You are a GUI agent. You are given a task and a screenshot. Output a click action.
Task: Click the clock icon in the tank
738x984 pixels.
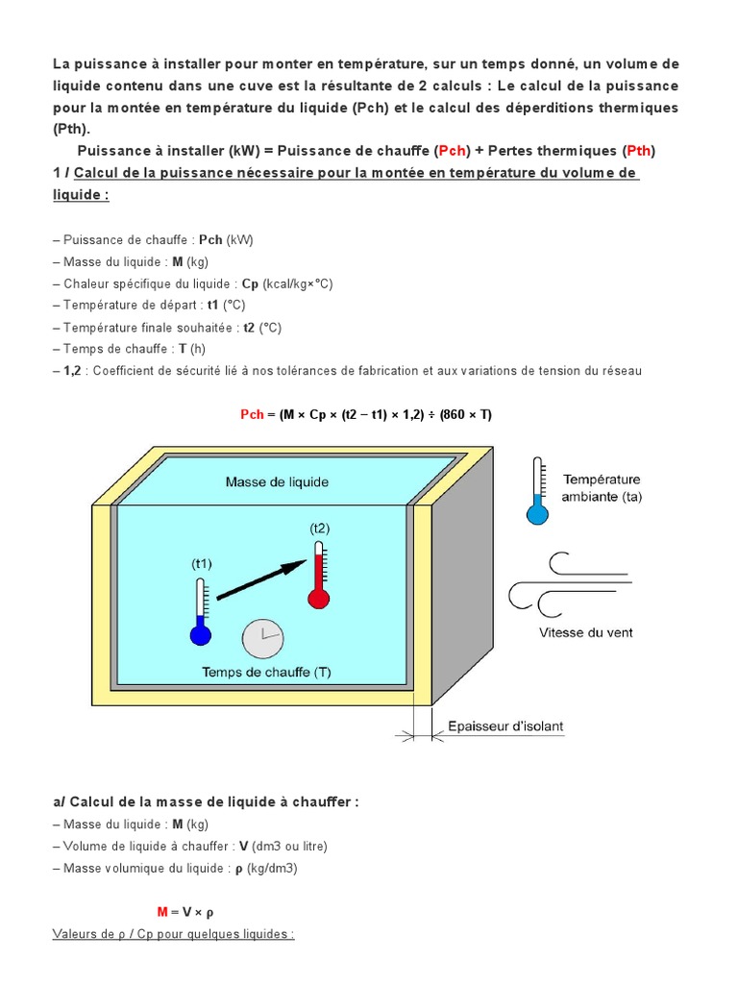click(x=263, y=639)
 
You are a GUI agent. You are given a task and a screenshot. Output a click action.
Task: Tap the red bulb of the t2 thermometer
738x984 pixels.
click(x=318, y=599)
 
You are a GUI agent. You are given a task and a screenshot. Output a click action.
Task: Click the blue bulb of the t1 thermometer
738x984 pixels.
click(x=201, y=635)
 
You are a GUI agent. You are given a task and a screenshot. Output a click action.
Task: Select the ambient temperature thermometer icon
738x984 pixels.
click(x=538, y=490)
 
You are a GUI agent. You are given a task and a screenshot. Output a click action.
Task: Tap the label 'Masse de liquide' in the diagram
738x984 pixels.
click(x=277, y=481)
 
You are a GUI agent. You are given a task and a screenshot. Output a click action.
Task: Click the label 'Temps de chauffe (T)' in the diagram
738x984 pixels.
click(x=266, y=673)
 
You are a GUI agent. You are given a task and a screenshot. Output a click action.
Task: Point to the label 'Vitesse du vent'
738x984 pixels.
click(x=586, y=632)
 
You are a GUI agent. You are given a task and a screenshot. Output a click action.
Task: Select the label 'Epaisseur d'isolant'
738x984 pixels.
click(x=505, y=726)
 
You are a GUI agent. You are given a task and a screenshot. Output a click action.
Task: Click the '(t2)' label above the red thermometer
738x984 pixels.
click(x=319, y=529)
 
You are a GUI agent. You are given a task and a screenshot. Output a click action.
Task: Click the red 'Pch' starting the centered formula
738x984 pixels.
click(x=252, y=414)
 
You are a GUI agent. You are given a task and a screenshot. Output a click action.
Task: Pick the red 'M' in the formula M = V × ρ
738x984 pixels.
click(x=162, y=911)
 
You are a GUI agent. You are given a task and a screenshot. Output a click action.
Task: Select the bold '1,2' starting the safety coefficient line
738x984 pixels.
click(x=72, y=371)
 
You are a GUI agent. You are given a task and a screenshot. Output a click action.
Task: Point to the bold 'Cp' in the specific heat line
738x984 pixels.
click(x=250, y=283)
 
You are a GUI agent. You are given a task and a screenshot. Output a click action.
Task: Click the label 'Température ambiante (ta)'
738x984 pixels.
click(x=602, y=487)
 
